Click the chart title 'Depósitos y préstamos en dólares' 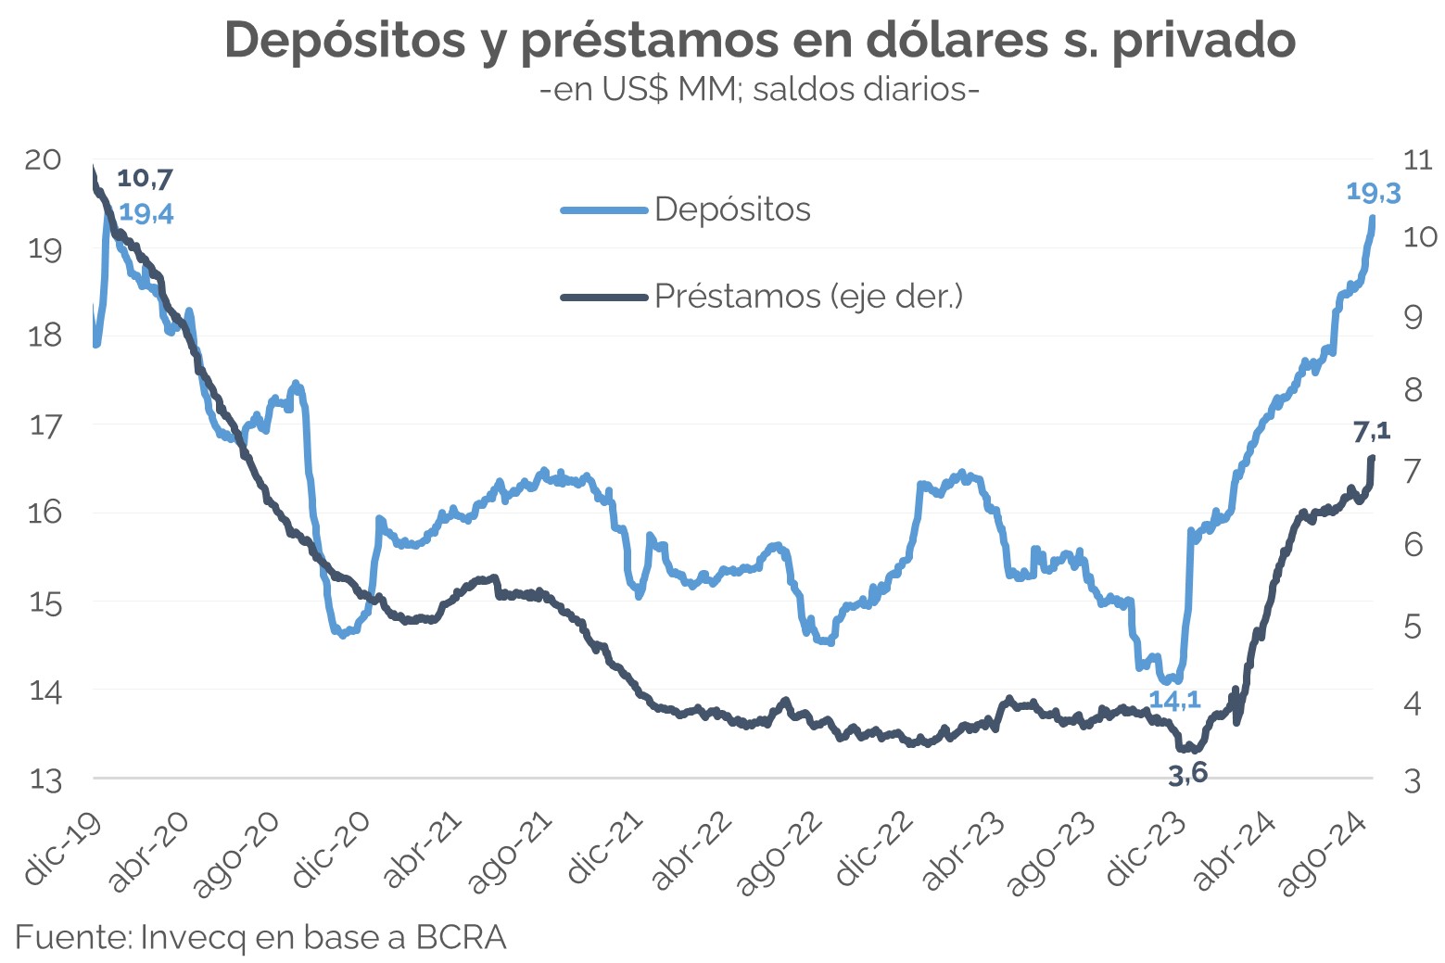[760, 40]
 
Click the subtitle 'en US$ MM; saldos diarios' [760, 90]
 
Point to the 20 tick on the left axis [43, 159]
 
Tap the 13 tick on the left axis [44, 779]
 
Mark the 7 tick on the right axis [1412, 470]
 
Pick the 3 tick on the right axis [1412, 780]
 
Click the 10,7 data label [145, 178]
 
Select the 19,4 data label [146, 214]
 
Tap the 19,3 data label [1373, 193]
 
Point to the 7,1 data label [1372, 431]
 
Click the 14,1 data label [1174, 701]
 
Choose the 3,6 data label [1187, 774]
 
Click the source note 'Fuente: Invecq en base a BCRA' [260, 937]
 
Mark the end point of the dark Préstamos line [1372, 457]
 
